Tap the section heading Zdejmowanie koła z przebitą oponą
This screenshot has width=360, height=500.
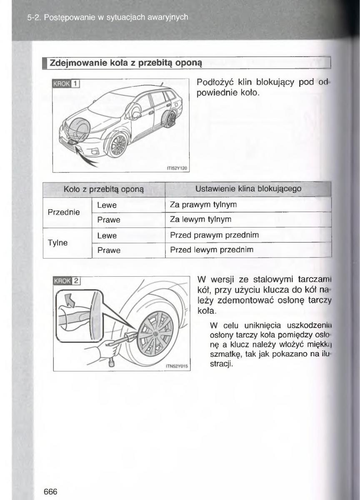(x=126, y=63)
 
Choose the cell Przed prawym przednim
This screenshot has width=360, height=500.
(x=214, y=235)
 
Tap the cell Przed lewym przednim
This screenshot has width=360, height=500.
(x=211, y=250)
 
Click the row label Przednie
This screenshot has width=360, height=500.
(x=64, y=212)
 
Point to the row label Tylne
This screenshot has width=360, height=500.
(x=57, y=242)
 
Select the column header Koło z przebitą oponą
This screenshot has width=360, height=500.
(x=104, y=190)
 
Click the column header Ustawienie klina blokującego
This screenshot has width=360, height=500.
(x=248, y=189)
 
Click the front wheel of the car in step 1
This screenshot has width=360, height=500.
(x=117, y=144)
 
